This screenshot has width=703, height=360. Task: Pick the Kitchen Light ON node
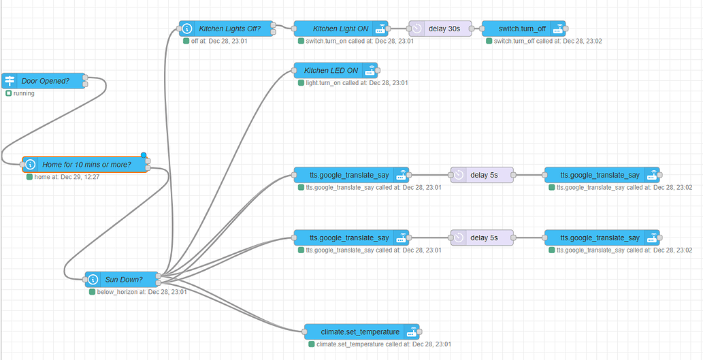(x=340, y=29)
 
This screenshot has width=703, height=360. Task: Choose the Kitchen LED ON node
(x=331, y=70)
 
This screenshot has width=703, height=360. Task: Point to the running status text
(x=24, y=93)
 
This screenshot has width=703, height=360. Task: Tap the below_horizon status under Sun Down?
(x=142, y=292)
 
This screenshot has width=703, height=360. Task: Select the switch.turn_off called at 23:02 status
(x=547, y=42)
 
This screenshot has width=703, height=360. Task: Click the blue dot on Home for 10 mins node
(x=144, y=155)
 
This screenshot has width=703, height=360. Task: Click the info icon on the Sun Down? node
(x=93, y=279)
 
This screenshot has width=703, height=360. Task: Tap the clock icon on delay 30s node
(x=416, y=29)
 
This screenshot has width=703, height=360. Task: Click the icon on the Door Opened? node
(x=10, y=80)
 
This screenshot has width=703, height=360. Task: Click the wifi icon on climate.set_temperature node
(x=411, y=331)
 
